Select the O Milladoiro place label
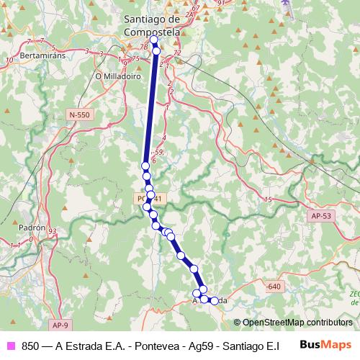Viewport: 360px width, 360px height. tap(117, 74)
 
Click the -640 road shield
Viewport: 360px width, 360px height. tap(272, 287)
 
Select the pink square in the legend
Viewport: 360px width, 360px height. tap(10, 346)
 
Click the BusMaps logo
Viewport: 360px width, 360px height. tap(325, 344)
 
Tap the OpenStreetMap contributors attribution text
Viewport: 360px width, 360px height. tap(292, 323)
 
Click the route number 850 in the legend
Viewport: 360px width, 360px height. tap(30, 346)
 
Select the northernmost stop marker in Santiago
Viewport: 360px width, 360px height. tap(153, 40)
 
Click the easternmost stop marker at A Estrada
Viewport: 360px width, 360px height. tap(214, 300)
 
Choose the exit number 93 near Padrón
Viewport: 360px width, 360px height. tap(52, 231)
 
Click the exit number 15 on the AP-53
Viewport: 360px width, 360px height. tap(268, 199)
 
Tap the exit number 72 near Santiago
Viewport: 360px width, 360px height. tap(176, 54)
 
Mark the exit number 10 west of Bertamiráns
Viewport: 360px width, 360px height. tap(9, 60)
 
